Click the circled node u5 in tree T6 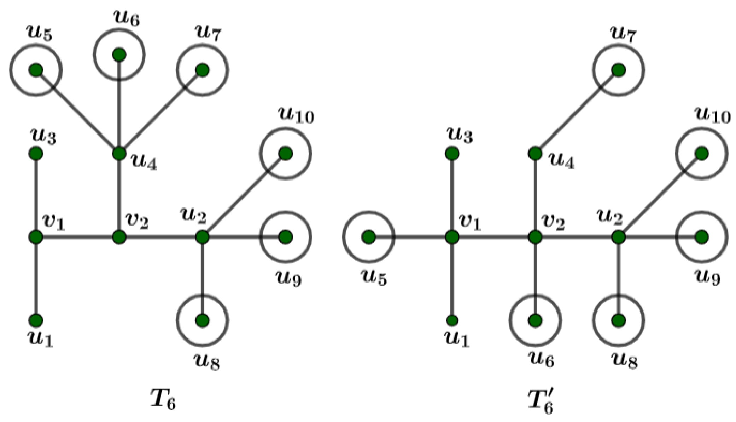pyautogui.click(x=36, y=70)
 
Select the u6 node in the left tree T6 pyautogui.click(x=119, y=55)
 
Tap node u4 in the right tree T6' pyautogui.click(x=535, y=154)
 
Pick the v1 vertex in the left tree pyautogui.click(x=36, y=237)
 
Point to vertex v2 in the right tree pyautogui.click(x=535, y=237)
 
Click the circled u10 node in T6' pyautogui.click(x=701, y=154)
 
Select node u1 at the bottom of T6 pyautogui.click(x=36, y=320)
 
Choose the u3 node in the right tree pyautogui.click(x=452, y=154)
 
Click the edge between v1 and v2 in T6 pyautogui.click(x=78, y=237)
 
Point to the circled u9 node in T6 pyautogui.click(x=285, y=237)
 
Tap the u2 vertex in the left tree pyautogui.click(x=202, y=237)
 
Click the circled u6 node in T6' pyautogui.click(x=535, y=320)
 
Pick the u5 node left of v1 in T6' pyautogui.click(x=368, y=237)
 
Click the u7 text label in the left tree pyautogui.click(x=209, y=34)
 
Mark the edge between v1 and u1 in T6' pyautogui.click(x=452, y=280)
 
